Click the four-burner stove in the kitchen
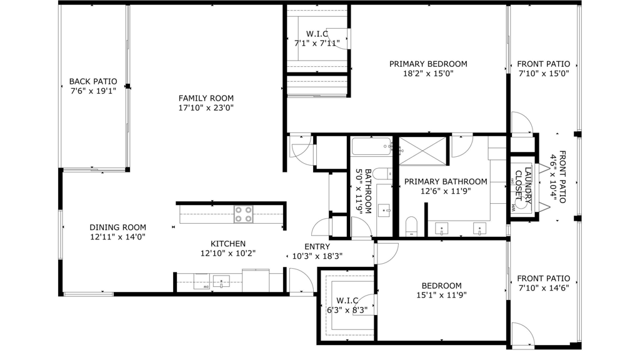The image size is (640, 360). (244, 214)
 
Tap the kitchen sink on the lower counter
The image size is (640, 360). (221, 282)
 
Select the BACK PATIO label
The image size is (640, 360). (93, 81)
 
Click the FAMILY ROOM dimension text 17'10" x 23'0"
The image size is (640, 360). (206, 107)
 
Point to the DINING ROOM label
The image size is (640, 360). (117, 227)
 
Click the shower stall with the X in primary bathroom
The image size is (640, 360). (422, 151)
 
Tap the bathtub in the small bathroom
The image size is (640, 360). (371, 147)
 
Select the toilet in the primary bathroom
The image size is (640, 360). (411, 226)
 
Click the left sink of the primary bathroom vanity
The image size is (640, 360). (442, 229)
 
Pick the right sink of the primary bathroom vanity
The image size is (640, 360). (479, 229)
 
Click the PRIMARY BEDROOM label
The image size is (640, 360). (428, 64)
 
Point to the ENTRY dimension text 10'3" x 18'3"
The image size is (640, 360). (317, 256)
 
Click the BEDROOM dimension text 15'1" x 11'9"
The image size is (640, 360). (442, 296)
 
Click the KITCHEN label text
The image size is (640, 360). (227, 244)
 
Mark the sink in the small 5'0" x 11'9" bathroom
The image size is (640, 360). (384, 210)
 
